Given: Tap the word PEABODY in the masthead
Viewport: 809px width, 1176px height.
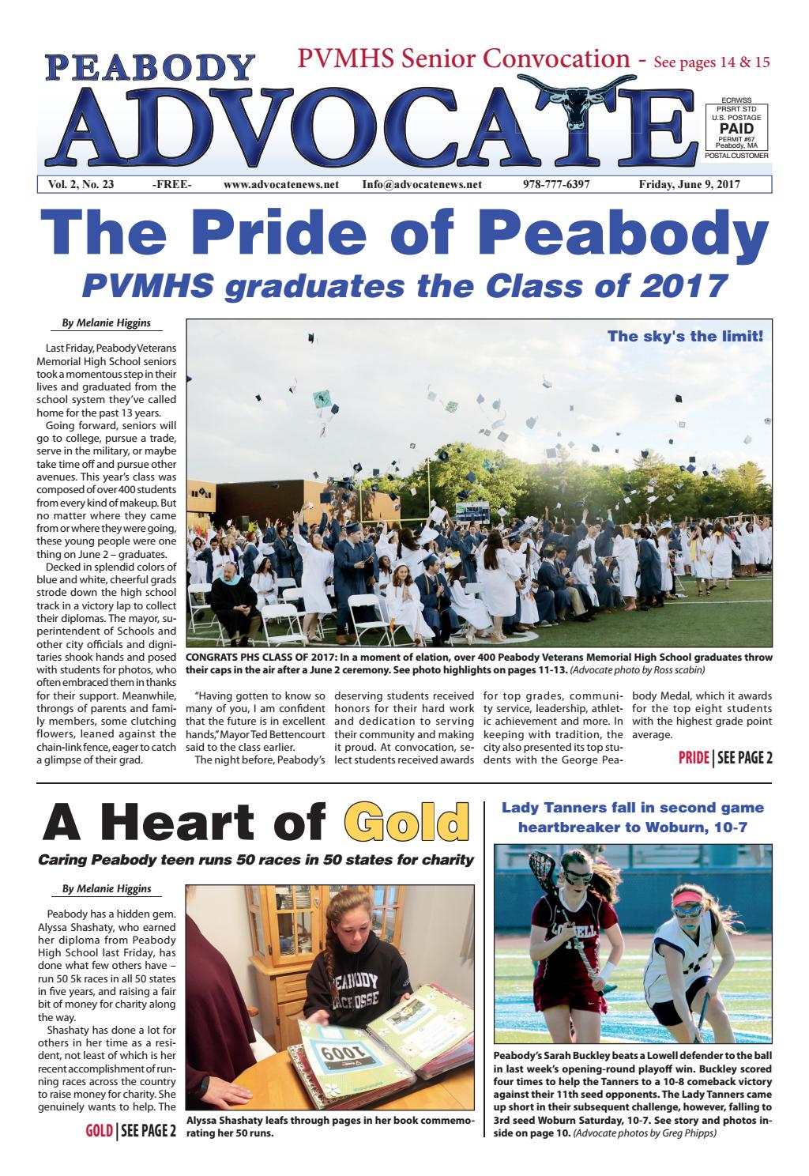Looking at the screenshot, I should [151, 67].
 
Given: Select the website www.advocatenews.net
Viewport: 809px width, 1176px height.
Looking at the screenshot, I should [280, 185].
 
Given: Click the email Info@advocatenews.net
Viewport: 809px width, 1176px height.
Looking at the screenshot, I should [421, 185].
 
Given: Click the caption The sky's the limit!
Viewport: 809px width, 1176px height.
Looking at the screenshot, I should [685, 337].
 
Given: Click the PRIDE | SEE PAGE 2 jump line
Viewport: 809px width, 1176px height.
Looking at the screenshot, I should [724, 759].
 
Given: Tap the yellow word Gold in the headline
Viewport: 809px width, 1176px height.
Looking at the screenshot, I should [402, 823].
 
